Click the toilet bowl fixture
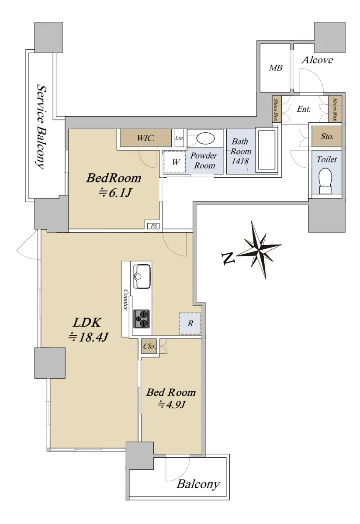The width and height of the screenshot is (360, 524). [x=325, y=181]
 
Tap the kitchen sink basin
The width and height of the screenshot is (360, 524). [x=142, y=276]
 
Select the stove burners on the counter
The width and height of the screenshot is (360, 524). [x=142, y=319]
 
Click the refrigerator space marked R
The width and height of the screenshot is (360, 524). [x=190, y=324]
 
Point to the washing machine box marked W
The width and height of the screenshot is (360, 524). [x=175, y=162]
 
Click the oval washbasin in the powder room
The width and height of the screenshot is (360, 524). [x=205, y=138]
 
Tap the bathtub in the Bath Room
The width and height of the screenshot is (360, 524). [x=267, y=150]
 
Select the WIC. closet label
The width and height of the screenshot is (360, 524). [x=145, y=138]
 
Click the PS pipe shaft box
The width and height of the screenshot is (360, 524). [x=153, y=226]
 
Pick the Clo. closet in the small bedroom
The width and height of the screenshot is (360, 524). [x=149, y=346]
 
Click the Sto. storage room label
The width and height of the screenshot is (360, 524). [x=327, y=136]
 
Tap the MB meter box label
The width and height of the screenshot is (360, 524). [x=276, y=68]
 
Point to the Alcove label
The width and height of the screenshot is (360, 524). [x=317, y=60]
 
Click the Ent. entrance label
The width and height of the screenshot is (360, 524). [x=304, y=109]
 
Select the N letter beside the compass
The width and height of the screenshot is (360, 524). [x=228, y=258]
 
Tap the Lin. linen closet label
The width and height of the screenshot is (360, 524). [x=180, y=138]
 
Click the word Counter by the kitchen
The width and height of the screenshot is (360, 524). [x=126, y=300]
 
